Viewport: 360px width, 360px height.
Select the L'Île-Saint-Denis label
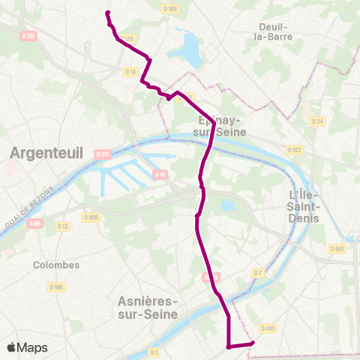click(304, 205)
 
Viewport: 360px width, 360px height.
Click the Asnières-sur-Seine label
click(148, 307)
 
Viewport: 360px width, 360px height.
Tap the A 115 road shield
click(28, 35)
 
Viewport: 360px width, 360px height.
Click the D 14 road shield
click(130, 72)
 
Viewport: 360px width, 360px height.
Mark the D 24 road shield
click(317, 121)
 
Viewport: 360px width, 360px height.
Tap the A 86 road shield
click(34, 223)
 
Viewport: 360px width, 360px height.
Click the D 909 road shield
click(91, 217)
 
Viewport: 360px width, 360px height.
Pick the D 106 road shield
click(55, 286)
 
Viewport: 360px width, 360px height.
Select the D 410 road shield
click(269, 328)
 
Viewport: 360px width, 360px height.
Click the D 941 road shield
click(337, 249)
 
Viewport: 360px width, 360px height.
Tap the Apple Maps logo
click(27, 347)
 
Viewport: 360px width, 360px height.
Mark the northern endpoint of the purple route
click(108, 13)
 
